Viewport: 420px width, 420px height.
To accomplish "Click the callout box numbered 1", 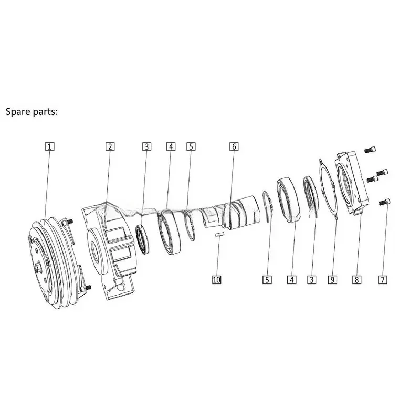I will tap(49, 146).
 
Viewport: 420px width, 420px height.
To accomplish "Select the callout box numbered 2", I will tap(110, 146).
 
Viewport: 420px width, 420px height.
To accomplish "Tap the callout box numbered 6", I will tap(234, 146).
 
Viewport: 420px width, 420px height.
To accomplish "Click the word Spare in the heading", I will tap(18, 112).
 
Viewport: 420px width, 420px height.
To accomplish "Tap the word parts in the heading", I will tap(48, 112).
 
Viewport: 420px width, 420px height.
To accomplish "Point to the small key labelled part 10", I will tap(219, 234).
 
